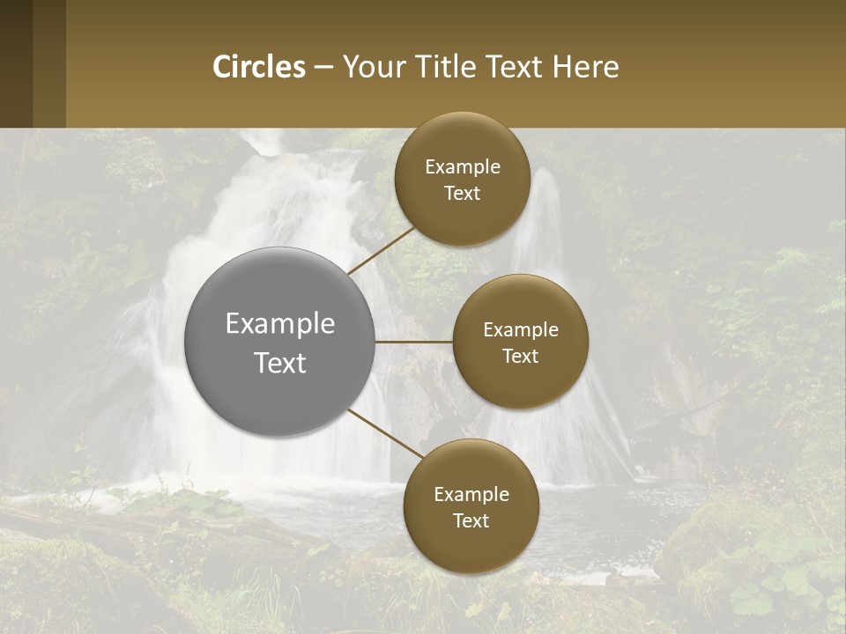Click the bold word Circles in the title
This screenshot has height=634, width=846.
coord(259,67)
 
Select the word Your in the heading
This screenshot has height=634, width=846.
coord(374,67)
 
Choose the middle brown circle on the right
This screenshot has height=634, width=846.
coord(521,384)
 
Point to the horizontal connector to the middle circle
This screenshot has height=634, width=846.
coord(414,342)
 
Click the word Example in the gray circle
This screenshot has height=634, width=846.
coord(280,324)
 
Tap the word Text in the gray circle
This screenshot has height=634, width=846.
coord(280,363)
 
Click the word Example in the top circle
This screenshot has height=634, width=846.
coord(463,167)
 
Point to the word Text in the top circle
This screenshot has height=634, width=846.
coord(463,194)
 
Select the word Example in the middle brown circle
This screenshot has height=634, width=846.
coord(521,330)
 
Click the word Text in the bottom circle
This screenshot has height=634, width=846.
coord(471,521)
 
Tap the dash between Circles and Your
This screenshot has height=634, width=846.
coord(323,67)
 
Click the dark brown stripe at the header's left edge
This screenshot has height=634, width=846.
coord(16,63)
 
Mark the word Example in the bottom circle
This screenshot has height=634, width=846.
coord(471,495)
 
